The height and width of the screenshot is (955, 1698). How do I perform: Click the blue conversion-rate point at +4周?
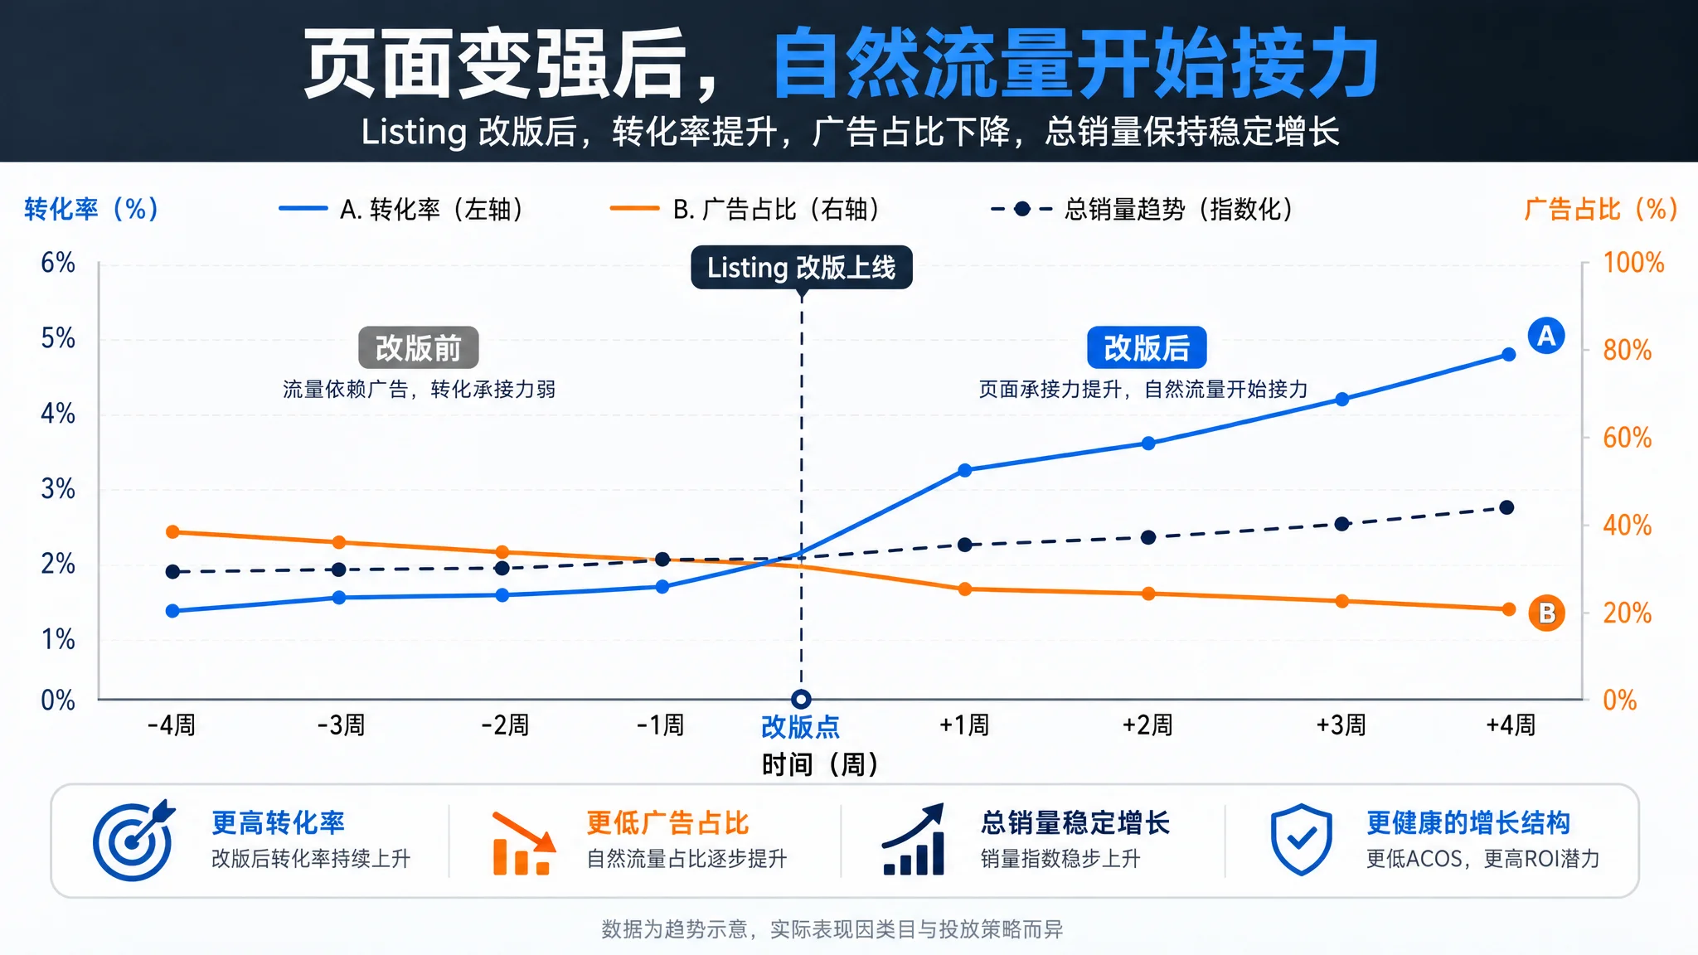[x=1508, y=355]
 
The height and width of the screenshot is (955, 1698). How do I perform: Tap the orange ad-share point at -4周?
[x=172, y=531]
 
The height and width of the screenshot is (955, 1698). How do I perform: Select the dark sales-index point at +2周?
[x=1148, y=537]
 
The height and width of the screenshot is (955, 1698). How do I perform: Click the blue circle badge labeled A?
[x=1546, y=336]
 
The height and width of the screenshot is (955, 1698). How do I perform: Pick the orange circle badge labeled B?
[x=1546, y=613]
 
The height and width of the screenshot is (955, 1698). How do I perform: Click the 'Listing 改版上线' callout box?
[x=802, y=267]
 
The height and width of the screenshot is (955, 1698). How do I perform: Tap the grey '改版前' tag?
[x=418, y=347]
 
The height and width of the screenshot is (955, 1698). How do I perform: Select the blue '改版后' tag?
[x=1147, y=347]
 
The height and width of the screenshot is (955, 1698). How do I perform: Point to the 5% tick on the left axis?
[x=58, y=338]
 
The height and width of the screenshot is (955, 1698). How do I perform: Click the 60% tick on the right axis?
[x=1627, y=438]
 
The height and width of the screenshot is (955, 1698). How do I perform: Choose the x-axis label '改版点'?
[x=800, y=727]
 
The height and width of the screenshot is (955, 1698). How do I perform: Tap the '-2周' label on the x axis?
[x=505, y=725]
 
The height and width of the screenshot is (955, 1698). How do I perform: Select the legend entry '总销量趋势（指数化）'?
[x=1143, y=209]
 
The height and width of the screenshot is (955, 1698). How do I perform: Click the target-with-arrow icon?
[x=133, y=840]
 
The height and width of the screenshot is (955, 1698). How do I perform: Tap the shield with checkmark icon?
[x=1302, y=840]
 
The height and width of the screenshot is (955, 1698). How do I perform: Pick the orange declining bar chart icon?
[x=523, y=843]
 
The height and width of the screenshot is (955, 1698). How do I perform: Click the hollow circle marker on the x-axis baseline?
[x=801, y=699]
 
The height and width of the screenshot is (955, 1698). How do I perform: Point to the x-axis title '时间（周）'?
[x=820, y=764]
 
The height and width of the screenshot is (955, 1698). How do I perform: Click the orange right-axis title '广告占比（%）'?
[x=1601, y=209]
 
